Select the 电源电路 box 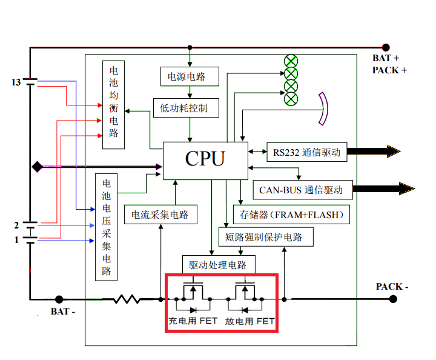tap(187, 76)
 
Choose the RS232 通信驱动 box tap(306, 152)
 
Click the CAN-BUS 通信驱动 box tap(301, 190)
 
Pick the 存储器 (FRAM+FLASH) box tap(292, 214)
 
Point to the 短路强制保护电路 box tap(266, 237)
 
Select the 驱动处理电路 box tap(219, 264)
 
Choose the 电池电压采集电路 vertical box tap(107, 227)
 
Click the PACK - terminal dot tap(393, 299)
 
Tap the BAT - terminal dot tap(59, 299)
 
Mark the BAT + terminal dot tap(385, 47)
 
